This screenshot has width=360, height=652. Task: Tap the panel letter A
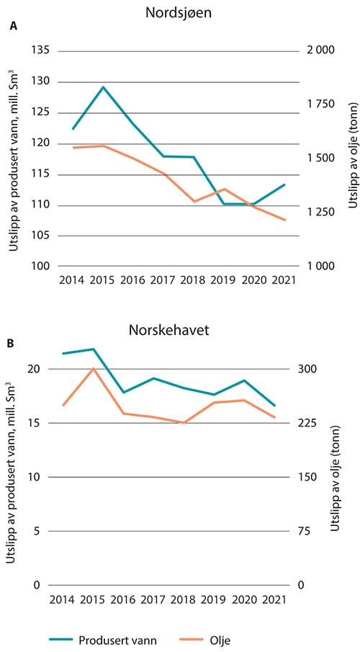[x=12, y=27]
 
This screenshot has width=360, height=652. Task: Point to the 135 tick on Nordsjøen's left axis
[x=42, y=51]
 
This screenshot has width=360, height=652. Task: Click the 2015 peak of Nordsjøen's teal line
[x=104, y=87]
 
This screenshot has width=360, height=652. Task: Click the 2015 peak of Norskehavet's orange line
[x=93, y=368]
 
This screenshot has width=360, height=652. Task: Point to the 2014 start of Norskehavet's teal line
[x=63, y=354]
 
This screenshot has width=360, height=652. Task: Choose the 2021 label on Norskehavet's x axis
[x=274, y=599]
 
